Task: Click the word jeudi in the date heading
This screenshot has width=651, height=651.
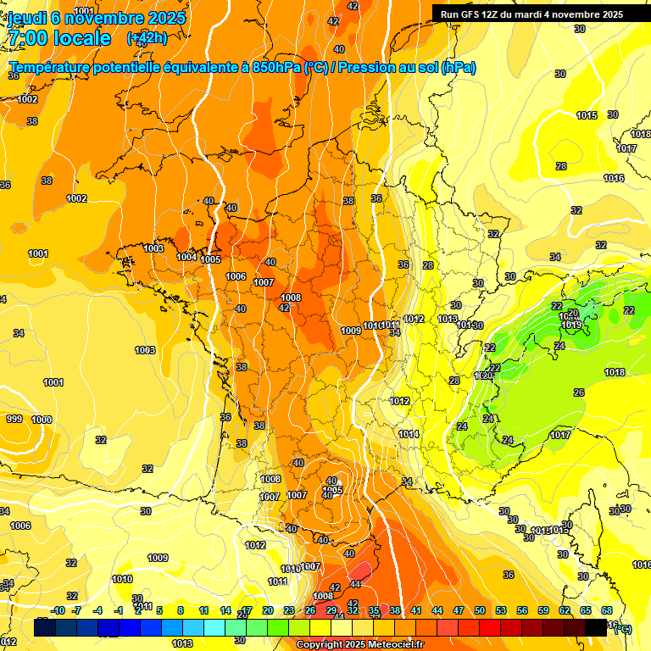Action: pyautogui.click(x=25, y=18)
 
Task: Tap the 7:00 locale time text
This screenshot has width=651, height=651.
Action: pyautogui.click(x=58, y=38)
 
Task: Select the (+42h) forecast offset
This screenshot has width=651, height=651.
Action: pyautogui.click(x=147, y=38)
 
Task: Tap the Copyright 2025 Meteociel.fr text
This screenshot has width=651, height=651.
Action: pyautogui.click(x=359, y=645)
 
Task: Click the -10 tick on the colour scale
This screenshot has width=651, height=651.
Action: pyautogui.click(x=58, y=610)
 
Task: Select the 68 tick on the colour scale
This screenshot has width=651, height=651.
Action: pyautogui.click(x=607, y=610)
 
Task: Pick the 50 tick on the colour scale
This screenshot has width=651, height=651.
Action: pyautogui.click(x=480, y=610)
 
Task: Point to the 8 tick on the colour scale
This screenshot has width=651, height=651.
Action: pyautogui.click(x=181, y=610)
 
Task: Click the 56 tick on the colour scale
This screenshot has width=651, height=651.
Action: pyautogui.click(x=522, y=610)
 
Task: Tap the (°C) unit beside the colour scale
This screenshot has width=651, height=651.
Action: pyautogui.click(x=621, y=629)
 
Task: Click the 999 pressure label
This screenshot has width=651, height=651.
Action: pyautogui.click(x=14, y=419)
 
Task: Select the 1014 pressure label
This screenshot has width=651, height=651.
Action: pyautogui.click(x=409, y=434)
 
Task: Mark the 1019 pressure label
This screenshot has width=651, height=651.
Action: pyautogui.click(x=570, y=324)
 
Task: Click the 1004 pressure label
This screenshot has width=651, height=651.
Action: pyautogui.click(x=186, y=257)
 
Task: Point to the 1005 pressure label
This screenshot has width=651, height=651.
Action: pyautogui.click(x=211, y=259)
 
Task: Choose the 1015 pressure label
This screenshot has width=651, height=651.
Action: pyautogui.click(x=587, y=115)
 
